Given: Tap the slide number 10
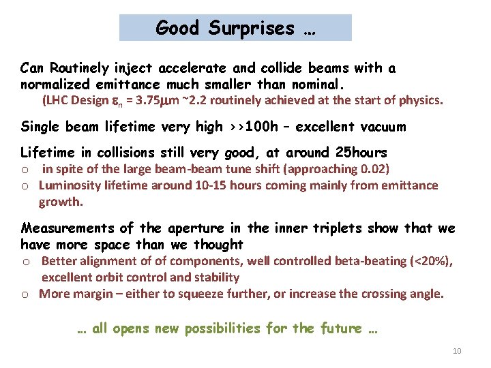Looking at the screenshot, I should pyautogui.click(x=457, y=351).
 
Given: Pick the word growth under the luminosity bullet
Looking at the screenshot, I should pyautogui.click(x=60, y=202).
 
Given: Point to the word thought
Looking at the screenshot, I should pyautogui.click(x=219, y=244).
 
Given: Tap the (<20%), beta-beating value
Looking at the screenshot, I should pyautogui.click(x=430, y=261).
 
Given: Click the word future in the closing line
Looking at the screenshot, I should pyautogui.click(x=337, y=328).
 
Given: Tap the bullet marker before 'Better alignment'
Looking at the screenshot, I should pyautogui.click(x=25, y=262).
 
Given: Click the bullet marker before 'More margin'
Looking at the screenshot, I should pyautogui.click(x=25, y=294).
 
